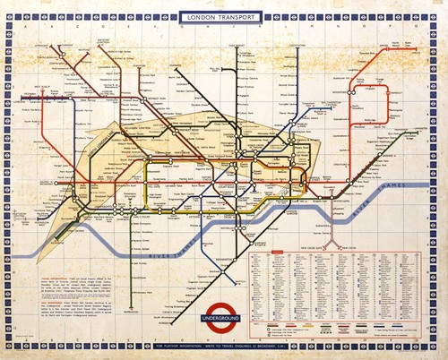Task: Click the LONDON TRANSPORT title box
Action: [x=223, y=16]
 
